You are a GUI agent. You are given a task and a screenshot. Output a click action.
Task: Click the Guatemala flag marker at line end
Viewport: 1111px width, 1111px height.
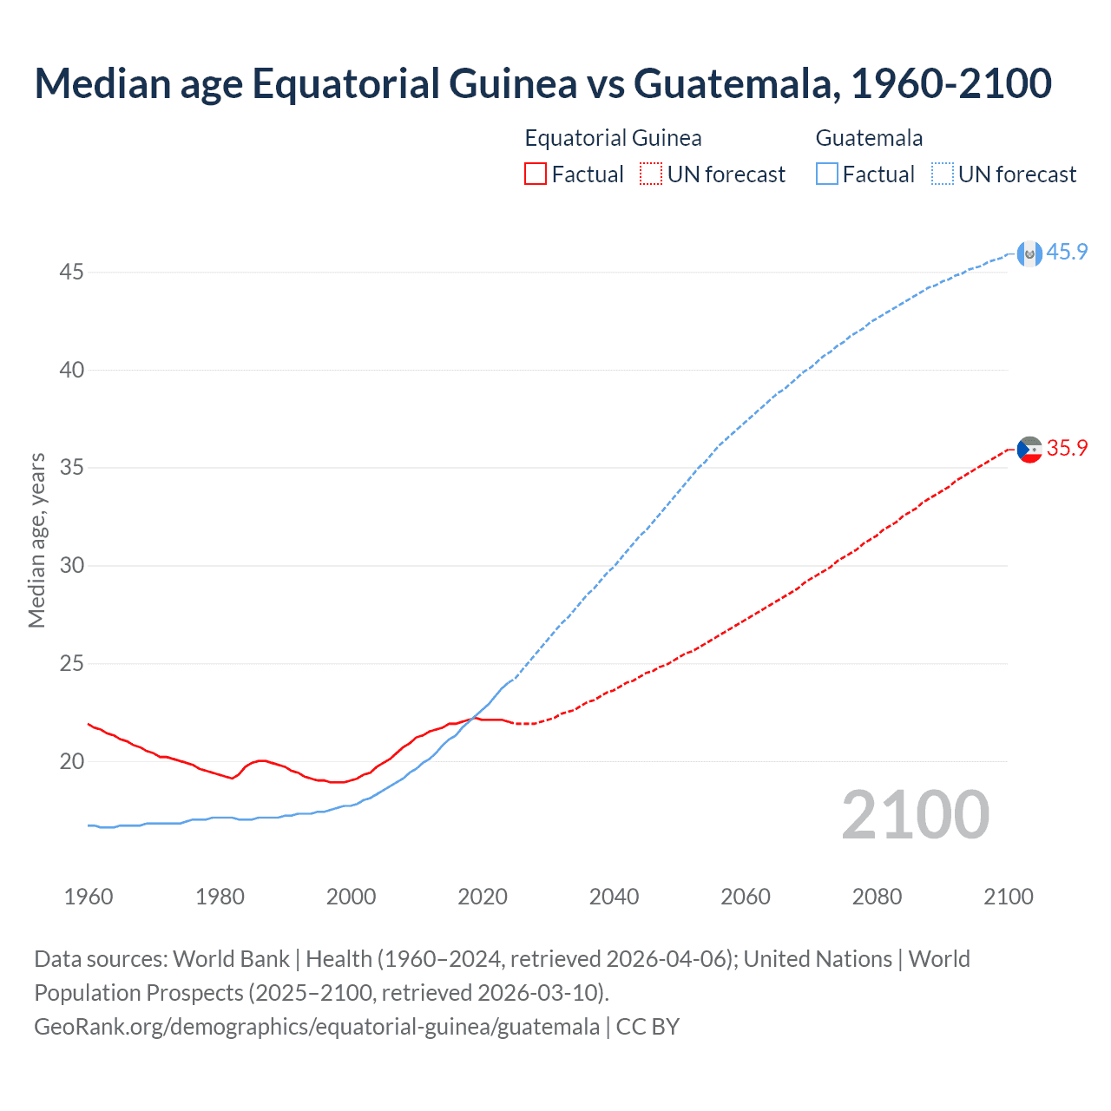[x=1029, y=253]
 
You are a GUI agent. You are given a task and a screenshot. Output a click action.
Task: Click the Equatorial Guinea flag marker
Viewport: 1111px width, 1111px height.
[x=1029, y=450]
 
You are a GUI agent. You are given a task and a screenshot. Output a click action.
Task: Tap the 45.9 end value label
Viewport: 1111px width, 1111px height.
[x=1067, y=252]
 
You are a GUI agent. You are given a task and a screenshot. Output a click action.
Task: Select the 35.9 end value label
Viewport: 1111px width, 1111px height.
[x=1067, y=448]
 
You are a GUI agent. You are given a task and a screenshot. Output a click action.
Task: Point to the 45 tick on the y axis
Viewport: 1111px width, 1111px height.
[x=71, y=273]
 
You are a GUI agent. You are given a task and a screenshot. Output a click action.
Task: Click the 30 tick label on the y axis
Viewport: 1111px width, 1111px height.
[x=71, y=566]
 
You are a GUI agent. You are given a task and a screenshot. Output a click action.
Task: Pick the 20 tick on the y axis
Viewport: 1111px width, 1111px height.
[x=71, y=762]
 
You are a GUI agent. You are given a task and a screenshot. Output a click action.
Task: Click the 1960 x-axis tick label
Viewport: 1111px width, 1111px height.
[x=89, y=897]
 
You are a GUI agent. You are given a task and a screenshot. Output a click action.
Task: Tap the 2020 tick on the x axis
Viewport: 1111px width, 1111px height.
[x=483, y=897]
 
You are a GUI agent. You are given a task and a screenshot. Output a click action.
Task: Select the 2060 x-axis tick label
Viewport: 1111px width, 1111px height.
[x=746, y=897]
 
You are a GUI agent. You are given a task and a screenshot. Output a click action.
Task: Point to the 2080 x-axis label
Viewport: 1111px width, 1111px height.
[x=877, y=897]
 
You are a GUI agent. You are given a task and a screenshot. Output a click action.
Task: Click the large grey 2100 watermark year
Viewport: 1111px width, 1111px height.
[x=916, y=815]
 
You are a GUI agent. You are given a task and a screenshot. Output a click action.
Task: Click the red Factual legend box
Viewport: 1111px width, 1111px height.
[x=536, y=174]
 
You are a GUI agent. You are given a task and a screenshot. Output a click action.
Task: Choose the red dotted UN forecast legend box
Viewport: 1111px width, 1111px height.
[x=651, y=174]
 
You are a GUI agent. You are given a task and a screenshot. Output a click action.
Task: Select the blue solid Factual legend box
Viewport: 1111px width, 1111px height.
[x=827, y=174]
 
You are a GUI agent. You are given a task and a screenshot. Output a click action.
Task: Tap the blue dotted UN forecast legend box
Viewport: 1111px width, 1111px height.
[x=943, y=174]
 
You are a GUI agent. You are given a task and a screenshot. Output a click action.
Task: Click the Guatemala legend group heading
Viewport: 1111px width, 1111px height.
[x=869, y=138]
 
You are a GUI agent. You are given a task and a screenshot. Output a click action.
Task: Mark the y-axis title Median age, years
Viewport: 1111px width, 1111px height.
[x=36, y=540]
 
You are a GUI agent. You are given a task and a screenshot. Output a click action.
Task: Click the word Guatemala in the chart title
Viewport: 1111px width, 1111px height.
[x=736, y=83]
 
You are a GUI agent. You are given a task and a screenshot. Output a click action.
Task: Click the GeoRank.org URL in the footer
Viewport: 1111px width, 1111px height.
[x=317, y=1027]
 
